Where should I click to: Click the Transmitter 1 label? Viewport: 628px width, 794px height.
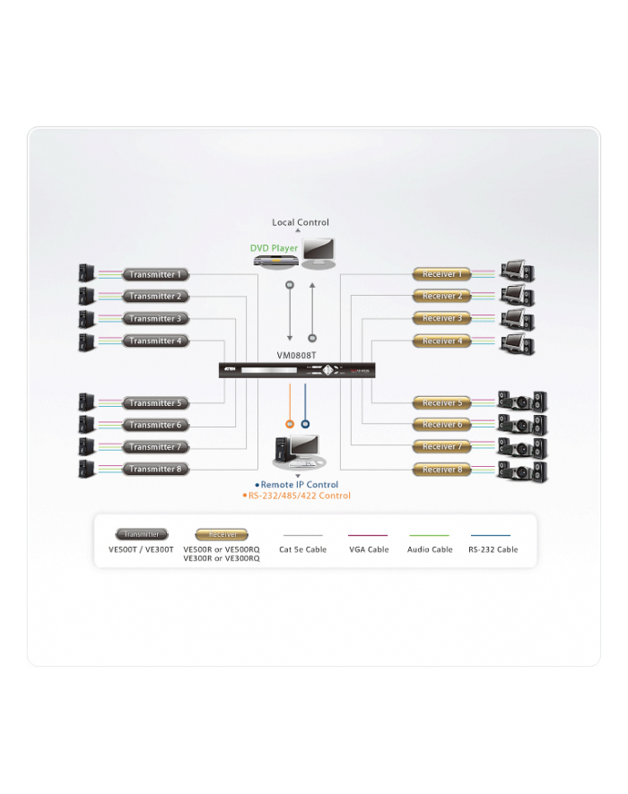(156, 274)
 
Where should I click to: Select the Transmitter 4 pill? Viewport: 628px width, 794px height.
(156, 341)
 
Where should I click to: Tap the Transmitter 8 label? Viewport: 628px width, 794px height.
(156, 469)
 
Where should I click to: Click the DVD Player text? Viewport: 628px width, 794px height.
(275, 247)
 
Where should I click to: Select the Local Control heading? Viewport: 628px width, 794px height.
(301, 222)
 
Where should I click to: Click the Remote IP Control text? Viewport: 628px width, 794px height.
(300, 485)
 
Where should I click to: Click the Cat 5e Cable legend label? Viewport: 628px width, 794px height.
(303, 549)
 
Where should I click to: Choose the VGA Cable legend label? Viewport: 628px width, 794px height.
(369, 549)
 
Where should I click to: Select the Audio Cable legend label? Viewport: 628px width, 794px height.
(430, 549)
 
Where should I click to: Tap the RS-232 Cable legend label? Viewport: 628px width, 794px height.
(493, 549)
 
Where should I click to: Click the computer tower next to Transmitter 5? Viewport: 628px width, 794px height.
(86, 402)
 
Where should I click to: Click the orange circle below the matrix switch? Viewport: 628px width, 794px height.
(290, 424)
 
